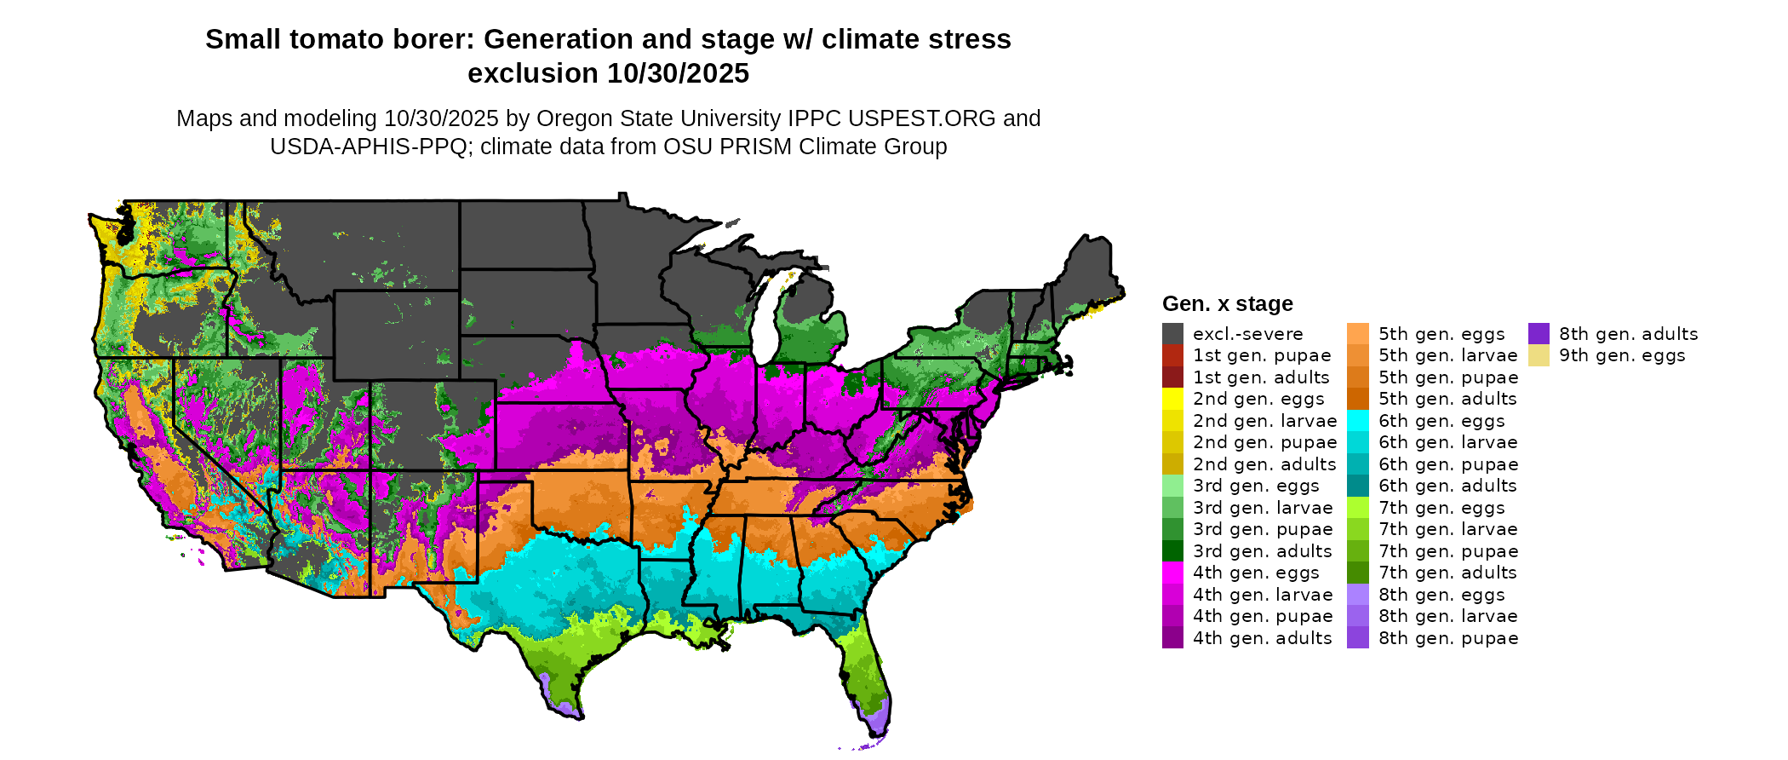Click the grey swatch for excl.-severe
[x=1172, y=334]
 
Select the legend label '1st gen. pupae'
[x=1262, y=355]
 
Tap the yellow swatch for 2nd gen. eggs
[x=1172, y=399]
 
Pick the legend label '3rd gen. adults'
[x=1262, y=551]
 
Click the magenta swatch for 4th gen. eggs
[x=1172, y=573]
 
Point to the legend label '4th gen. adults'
[x=1262, y=638]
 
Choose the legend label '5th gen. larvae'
[x=1447, y=355]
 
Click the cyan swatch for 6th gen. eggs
[x=1358, y=421]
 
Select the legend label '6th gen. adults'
[x=1447, y=486]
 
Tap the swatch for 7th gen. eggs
[x=1358, y=508]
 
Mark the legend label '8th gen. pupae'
[x=1447, y=638]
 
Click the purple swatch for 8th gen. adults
[x=1539, y=334]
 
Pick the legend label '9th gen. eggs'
[x=1622, y=355]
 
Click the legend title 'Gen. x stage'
[x=1227, y=304]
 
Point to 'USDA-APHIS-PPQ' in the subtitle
[x=370, y=147]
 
